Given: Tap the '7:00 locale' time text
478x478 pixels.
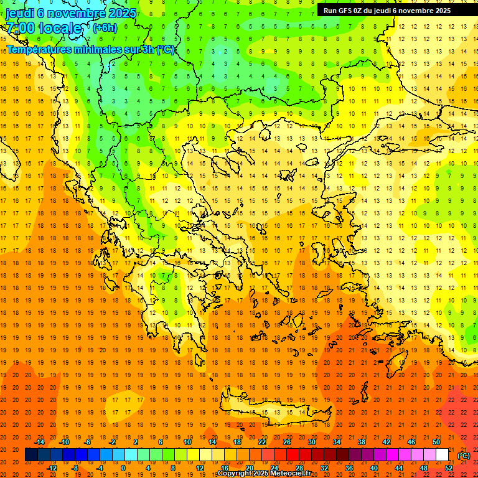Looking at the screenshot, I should [x=44, y=28].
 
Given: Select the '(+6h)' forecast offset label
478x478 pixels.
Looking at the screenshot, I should [x=105, y=28].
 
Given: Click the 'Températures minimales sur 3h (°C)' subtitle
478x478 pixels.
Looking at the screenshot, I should [x=91, y=49].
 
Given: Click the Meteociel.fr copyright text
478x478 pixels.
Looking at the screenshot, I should [x=264, y=474].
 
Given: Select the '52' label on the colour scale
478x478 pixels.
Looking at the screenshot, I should [x=448, y=467].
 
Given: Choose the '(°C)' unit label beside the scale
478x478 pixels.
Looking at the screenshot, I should [x=464, y=455].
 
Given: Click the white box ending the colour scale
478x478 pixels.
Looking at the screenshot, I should [x=443, y=455].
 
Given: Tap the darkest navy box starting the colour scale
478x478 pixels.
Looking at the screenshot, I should [x=31, y=455].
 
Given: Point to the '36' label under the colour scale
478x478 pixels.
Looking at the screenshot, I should [x=349, y=467].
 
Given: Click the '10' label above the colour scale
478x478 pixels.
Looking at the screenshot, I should [x=187, y=442].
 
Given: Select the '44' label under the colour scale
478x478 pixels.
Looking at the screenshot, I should [x=398, y=467].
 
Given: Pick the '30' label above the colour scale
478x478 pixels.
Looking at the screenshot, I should [x=311, y=442].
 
